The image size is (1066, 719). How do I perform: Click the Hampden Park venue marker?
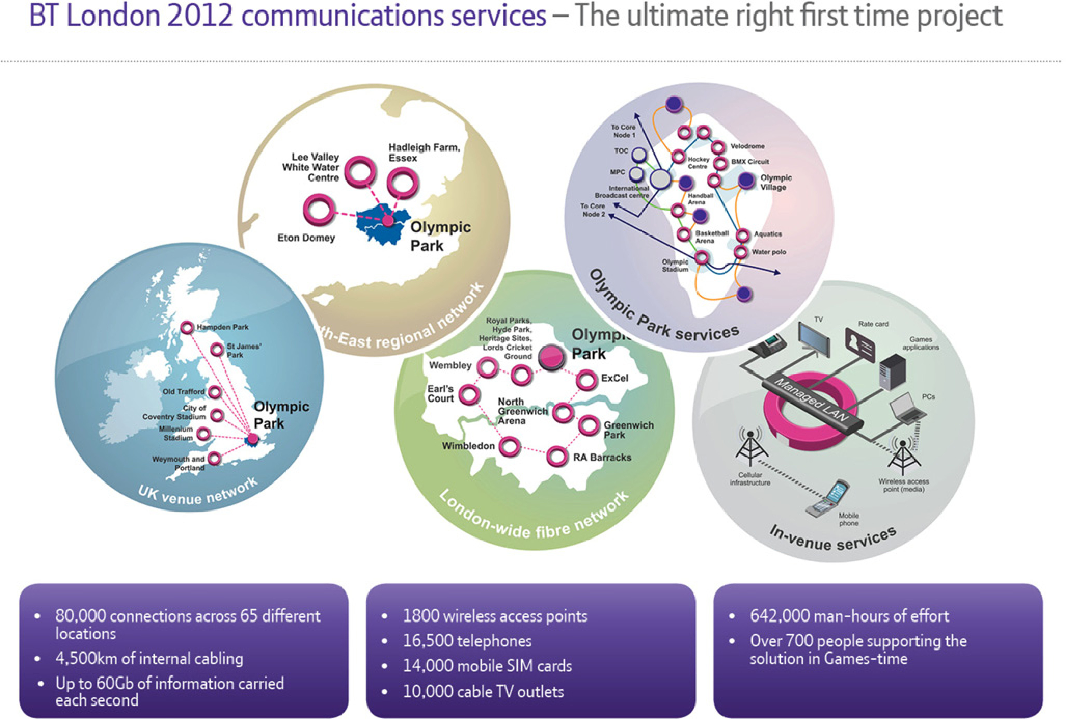(x=187, y=327)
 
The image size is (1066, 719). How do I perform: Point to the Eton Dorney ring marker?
(x=318, y=209)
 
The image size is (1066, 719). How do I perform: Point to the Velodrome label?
(x=747, y=146)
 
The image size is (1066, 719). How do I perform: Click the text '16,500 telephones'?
(x=467, y=641)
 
